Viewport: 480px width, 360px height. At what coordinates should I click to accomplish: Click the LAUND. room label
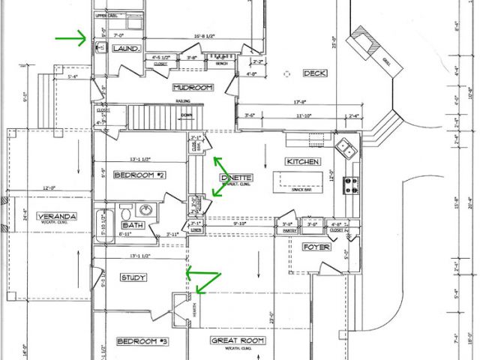point(126,49)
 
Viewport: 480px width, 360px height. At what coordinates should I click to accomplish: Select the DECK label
point(313,73)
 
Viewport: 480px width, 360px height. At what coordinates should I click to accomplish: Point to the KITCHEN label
point(303,162)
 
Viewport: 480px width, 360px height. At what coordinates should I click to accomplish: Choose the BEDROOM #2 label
point(139,175)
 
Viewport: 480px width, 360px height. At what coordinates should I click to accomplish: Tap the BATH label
point(133,225)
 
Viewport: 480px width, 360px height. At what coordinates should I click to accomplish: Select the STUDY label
point(133,277)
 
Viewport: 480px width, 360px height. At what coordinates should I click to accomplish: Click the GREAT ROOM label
point(238,340)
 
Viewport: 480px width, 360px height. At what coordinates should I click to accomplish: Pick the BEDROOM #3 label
point(140,341)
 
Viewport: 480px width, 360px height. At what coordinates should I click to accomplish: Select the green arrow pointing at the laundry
point(72,37)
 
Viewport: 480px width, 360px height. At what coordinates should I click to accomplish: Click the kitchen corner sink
point(345,148)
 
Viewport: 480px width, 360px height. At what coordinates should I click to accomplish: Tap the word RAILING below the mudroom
point(184,100)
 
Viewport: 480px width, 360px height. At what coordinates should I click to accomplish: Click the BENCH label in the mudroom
point(220,64)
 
